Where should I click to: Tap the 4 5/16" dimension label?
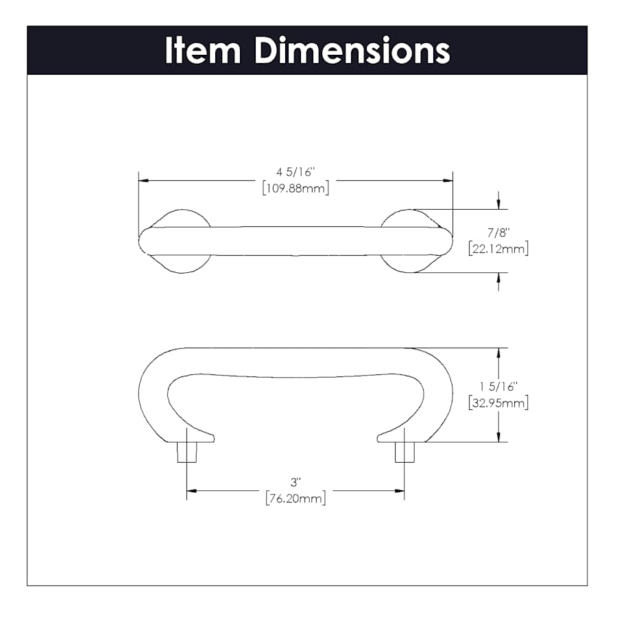tap(296, 172)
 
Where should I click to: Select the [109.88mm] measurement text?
tap(296, 188)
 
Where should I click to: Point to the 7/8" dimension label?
tap(498, 232)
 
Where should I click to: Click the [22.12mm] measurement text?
tap(498, 249)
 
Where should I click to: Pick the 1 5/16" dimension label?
tap(498, 387)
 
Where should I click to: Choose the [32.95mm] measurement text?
tap(498, 403)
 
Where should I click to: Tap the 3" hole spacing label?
tap(296, 482)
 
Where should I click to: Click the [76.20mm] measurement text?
tap(296, 498)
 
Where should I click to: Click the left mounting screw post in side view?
tap(187, 452)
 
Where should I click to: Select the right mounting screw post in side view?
tap(404, 452)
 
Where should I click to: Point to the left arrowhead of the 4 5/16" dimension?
tap(144, 180)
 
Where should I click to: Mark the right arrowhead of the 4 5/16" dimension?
tap(448, 180)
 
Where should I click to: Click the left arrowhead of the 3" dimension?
tap(192, 491)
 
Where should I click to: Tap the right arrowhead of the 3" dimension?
tap(400, 491)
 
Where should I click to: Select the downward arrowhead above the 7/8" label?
tap(498, 204)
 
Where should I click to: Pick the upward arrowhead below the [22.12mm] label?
tap(498, 278)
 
